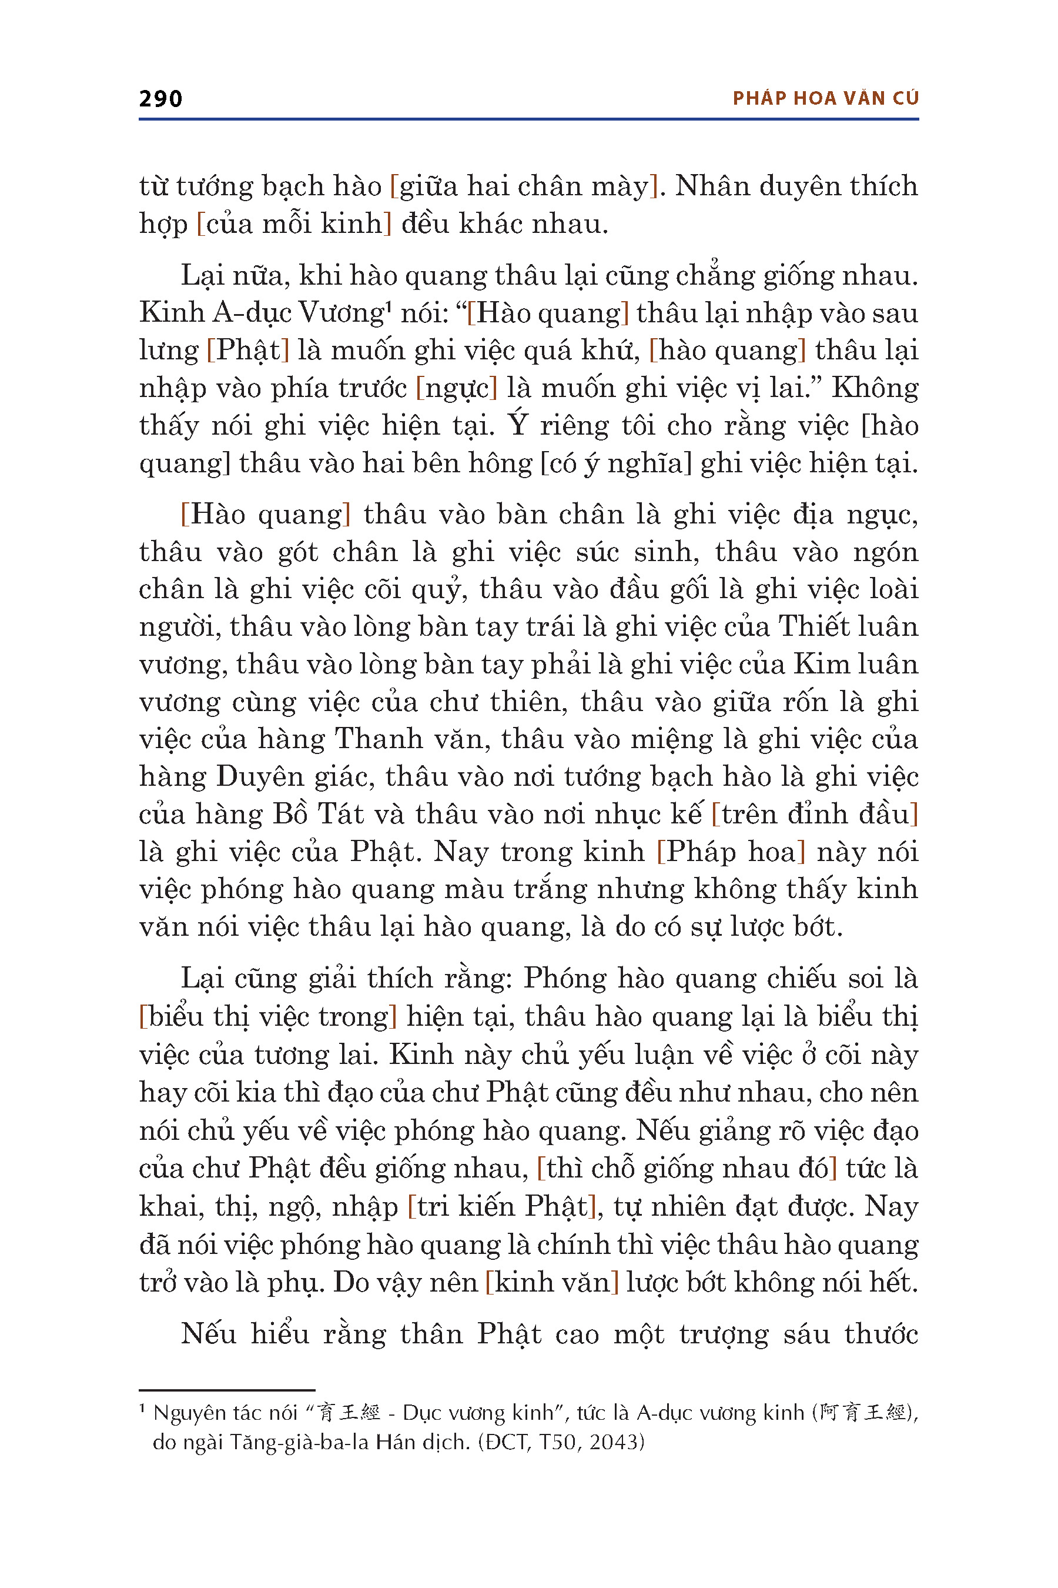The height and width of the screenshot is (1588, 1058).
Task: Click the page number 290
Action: [160, 99]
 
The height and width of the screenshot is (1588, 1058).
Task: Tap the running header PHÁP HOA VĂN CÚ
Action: [825, 99]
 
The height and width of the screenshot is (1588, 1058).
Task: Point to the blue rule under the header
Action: [528, 119]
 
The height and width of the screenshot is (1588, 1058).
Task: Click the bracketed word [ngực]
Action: [456, 388]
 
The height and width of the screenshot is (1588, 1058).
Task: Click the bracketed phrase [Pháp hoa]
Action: [731, 852]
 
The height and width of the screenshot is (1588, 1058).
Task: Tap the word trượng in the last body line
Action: [724, 1335]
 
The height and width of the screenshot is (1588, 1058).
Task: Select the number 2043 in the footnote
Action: [616, 1442]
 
